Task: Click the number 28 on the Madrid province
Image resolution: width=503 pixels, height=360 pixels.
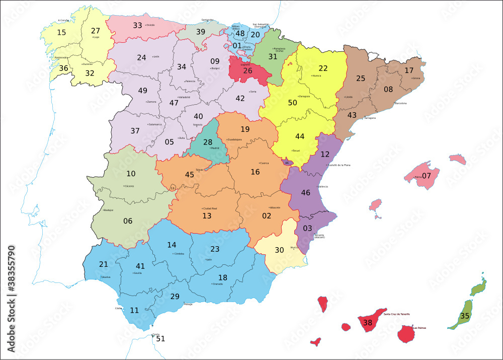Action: (208, 142)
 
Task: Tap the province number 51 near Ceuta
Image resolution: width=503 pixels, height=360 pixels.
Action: (160, 338)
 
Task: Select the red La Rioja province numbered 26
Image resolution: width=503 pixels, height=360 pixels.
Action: (247, 70)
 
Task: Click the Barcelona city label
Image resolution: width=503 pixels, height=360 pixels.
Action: (400, 103)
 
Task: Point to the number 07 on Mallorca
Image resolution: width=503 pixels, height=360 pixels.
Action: (426, 176)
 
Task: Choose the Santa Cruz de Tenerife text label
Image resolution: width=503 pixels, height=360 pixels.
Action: (396, 314)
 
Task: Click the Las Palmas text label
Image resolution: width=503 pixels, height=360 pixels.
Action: (419, 328)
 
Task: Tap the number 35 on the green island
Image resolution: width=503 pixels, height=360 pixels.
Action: (465, 317)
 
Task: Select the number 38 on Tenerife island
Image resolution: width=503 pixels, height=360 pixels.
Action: (368, 323)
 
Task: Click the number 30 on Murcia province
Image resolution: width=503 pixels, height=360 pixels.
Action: (279, 250)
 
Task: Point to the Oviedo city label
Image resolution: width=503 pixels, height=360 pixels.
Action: (150, 25)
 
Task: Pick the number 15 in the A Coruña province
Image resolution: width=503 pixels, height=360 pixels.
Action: (61, 32)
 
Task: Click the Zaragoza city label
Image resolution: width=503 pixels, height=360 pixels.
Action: (304, 96)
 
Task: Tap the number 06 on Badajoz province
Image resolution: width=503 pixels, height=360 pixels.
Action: (128, 221)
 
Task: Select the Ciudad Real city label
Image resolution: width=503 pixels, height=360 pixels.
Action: (209, 208)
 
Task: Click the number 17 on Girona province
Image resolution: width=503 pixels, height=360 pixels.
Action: (409, 70)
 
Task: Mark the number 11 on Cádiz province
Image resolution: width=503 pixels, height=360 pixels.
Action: (134, 310)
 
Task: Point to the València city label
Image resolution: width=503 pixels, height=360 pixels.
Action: (322, 186)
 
